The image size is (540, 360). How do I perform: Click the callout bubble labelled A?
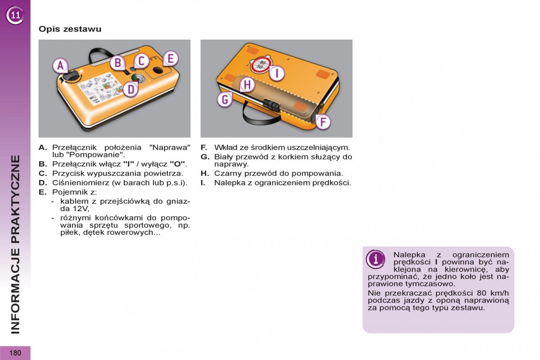(60, 66)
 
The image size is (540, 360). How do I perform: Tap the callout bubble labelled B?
(117, 63)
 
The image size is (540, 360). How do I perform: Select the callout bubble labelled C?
(141, 61)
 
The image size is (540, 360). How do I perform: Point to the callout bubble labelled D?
(130, 89)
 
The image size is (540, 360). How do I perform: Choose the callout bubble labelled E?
(171, 58)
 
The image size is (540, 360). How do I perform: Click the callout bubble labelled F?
(323, 122)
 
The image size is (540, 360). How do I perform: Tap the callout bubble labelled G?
(225, 99)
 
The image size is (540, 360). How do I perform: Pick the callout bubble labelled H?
(247, 85)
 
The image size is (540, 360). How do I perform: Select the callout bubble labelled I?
(277, 73)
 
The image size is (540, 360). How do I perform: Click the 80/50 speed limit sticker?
(261, 65)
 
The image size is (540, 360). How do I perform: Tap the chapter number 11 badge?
(15, 15)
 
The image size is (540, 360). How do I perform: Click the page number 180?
(15, 353)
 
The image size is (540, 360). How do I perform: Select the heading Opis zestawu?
(70, 29)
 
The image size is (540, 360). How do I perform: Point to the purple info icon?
(375, 259)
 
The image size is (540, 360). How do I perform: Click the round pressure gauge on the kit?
(138, 78)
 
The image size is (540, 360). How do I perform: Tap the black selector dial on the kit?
(71, 77)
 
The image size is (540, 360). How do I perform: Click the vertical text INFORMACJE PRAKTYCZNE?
(15, 244)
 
